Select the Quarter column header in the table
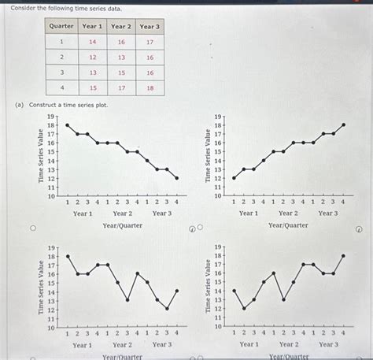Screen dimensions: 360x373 (61, 26)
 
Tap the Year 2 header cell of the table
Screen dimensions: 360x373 (121, 26)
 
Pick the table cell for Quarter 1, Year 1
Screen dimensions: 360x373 (93, 42)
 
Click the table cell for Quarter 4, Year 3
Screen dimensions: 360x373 (150, 87)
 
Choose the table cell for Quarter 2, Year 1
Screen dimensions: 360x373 (93, 57)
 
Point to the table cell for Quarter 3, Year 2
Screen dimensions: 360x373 (121, 72)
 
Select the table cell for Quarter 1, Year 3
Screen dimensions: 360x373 (150, 42)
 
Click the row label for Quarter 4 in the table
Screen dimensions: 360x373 (61, 87)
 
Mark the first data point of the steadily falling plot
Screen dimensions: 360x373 (68, 124)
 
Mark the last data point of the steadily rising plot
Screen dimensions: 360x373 (343, 124)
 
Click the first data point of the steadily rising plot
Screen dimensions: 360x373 (234, 178)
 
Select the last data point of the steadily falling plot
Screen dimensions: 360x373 (177, 178)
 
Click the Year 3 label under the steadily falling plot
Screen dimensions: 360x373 (162, 213)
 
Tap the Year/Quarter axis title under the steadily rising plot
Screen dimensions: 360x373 (288, 225)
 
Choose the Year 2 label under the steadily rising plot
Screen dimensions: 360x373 (288, 213)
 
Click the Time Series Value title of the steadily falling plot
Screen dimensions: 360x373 (40, 156)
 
